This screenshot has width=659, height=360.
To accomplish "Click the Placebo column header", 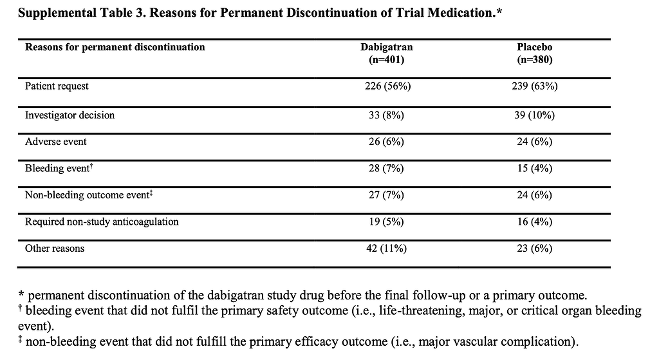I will coord(536,47).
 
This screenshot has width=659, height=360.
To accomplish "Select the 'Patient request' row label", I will coord(57,86).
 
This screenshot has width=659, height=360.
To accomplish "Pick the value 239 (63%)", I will coord(536,86).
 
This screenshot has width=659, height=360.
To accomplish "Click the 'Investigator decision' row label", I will coord(70,115).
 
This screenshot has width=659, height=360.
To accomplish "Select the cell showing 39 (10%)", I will coord(536,115).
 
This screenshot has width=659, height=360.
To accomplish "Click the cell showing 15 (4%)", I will coord(536,169).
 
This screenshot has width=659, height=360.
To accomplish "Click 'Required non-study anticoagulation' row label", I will coord(102,222).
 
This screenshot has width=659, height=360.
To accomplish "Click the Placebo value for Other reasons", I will coord(536,248).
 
